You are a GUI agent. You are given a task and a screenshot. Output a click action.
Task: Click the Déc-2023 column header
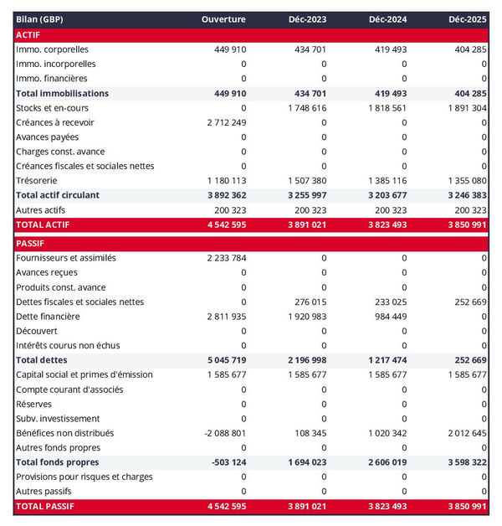click(x=306, y=18)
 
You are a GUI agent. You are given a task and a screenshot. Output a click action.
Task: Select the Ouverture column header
click(x=224, y=18)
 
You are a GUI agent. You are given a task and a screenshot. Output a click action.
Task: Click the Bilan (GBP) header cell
click(x=41, y=18)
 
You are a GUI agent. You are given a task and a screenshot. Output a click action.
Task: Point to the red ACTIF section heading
click(x=28, y=34)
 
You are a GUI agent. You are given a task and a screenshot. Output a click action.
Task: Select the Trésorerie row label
click(x=38, y=180)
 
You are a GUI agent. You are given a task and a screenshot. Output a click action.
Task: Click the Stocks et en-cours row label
click(x=52, y=108)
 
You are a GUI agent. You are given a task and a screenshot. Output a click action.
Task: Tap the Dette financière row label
click(x=48, y=317)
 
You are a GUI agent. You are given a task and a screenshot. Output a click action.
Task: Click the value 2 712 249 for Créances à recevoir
click(x=226, y=122)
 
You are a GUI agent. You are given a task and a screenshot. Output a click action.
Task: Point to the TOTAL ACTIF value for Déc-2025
click(x=464, y=224)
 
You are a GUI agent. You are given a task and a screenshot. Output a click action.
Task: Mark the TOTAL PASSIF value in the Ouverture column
click(x=224, y=507)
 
